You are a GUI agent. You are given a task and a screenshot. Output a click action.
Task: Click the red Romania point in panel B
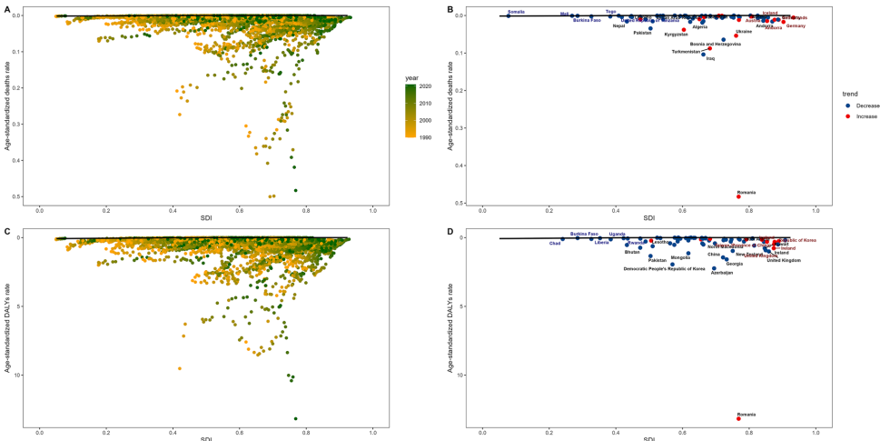tap(738, 196)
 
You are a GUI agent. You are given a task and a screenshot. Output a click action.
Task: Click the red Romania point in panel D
tap(738, 418)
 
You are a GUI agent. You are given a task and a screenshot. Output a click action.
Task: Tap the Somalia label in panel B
tap(516, 11)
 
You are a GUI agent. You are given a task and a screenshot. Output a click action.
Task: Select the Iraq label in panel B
tap(710, 59)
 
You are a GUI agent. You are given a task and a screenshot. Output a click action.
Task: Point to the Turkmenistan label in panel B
tap(686, 51)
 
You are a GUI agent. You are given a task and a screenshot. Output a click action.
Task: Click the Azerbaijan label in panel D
tap(722, 273)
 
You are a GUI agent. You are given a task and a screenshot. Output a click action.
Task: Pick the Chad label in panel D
tap(555, 243)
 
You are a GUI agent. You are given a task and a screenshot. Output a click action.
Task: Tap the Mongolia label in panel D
tap(680, 257)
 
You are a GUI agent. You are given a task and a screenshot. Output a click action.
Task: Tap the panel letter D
tap(450, 231)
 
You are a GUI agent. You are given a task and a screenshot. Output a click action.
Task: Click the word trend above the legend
tap(850, 94)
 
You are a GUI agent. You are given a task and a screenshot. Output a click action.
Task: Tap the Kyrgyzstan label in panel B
tap(677, 35)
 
